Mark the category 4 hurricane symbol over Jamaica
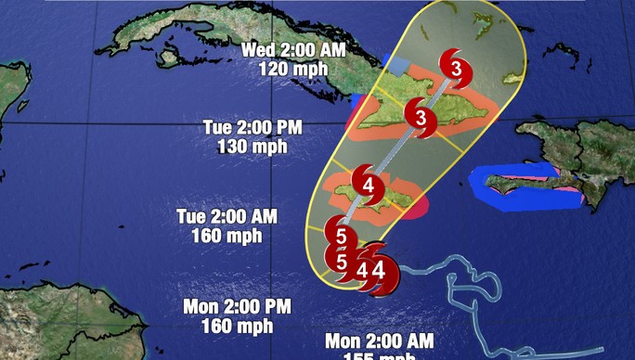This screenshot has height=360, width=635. [x=368, y=186]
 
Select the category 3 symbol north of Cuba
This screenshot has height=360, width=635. [x=455, y=67]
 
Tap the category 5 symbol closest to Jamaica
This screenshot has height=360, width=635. [x=341, y=236]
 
